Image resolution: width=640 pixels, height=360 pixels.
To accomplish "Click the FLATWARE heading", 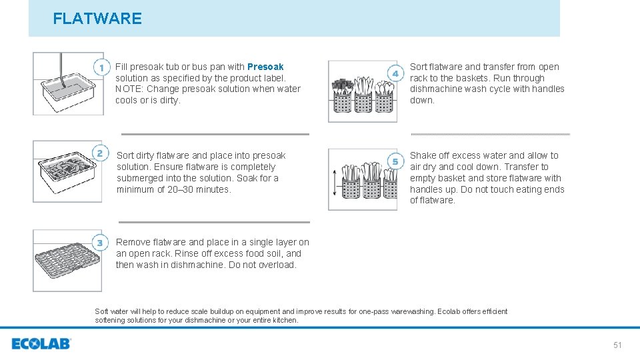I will [x=97, y=19].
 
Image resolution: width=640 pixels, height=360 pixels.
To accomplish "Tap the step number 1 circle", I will [x=101, y=67].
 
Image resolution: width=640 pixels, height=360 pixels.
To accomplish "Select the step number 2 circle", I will [x=100, y=153].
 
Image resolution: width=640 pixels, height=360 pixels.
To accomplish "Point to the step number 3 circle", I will [x=100, y=242].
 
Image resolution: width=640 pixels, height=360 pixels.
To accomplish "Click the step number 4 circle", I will [x=395, y=73].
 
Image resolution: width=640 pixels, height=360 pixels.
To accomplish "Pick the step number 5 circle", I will [x=395, y=161].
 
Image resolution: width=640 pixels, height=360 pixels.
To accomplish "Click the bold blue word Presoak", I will [x=265, y=67].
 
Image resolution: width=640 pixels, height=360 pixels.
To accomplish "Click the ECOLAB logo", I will [x=41, y=344].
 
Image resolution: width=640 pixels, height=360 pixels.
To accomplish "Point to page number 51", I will [x=617, y=345].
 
